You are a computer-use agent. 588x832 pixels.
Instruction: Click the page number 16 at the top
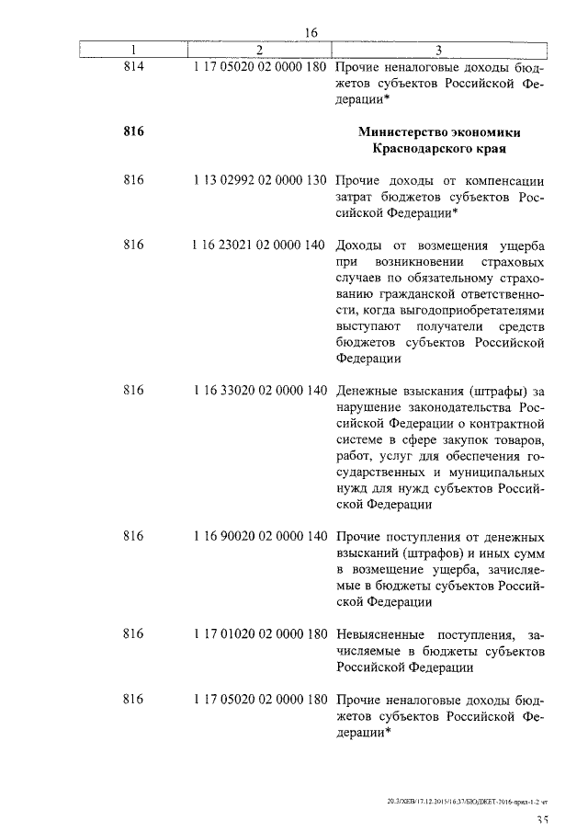(x=311, y=32)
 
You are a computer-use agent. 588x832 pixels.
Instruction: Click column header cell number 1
(x=133, y=50)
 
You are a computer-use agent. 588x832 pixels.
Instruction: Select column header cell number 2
(x=260, y=50)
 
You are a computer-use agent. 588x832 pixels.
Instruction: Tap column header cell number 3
(x=439, y=50)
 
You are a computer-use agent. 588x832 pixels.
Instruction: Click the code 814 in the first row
(x=133, y=67)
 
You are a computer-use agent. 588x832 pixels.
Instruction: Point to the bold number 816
(x=133, y=131)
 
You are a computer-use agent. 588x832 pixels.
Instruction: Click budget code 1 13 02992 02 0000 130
(x=261, y=181)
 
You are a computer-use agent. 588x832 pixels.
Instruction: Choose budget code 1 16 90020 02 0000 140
(x=261, y=535)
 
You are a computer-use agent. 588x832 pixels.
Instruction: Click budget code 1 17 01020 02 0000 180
(x=261, y=633)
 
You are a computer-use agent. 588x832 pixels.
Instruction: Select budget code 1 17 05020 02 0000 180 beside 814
(x=261, y=67)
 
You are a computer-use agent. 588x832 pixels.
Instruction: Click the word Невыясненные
(x=380, y=633)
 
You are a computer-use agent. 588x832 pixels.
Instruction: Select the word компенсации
(x=503, y=181)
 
